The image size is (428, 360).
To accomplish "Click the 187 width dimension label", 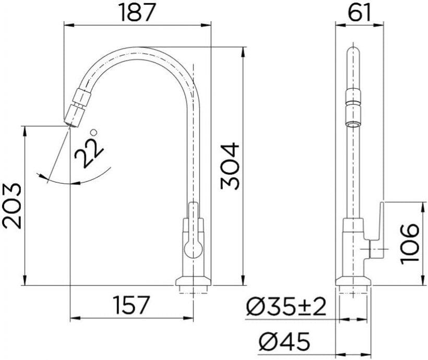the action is [x=138, y=13].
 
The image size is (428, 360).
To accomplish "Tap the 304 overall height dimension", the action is [x=230, y=166].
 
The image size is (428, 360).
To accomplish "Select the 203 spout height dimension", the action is [x=11, y=206].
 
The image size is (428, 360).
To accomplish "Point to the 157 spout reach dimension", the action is [x=132, y=305].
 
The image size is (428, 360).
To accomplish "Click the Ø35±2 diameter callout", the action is [x=287, y=306].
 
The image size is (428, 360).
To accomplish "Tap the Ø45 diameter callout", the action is [x=284, y=341].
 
